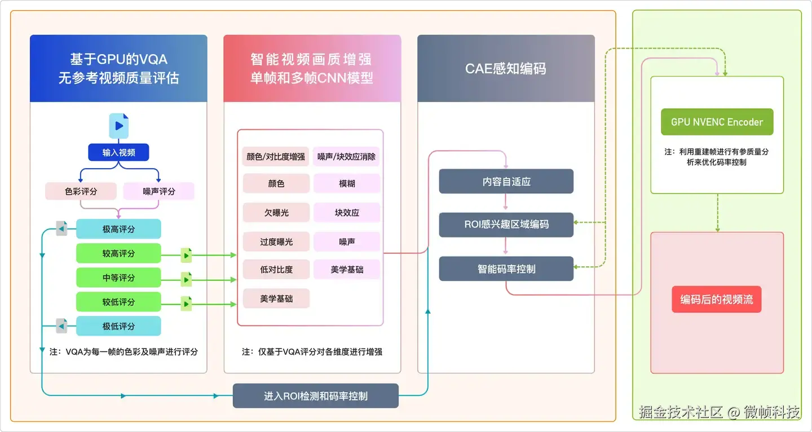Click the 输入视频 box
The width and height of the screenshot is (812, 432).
(x=118, y=152)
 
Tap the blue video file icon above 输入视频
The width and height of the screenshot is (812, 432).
(x=118, y=126)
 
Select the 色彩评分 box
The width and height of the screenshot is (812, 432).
(x=81, y=191)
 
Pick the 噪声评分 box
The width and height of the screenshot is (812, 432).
(x=158, y=191)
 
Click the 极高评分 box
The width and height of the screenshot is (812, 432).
(x=118, y=229)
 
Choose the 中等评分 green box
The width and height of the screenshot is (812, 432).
(x=118, y=277)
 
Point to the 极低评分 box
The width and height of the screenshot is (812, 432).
(x=118, y=326)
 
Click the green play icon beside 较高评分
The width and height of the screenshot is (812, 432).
(x=186, y=255)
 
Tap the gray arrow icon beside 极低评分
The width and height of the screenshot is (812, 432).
(x=61, y=326)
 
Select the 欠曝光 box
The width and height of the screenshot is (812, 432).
(x=276, y=213)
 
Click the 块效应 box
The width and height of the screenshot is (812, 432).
(x=347, y=213)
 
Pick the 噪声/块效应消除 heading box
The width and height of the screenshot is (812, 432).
(x=346, y=156)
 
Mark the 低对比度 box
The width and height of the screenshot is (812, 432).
(x=276, y=270)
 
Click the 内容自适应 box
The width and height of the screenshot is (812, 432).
(x=506, y=182)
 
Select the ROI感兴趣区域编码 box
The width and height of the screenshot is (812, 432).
(x=506, y=224)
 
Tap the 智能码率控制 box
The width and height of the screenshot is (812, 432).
(x=506, y=269)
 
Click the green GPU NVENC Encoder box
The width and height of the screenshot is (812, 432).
(x=717, y=122)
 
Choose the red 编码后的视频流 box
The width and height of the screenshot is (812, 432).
(x=717, y=299)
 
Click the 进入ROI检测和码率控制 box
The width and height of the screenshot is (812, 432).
(x=315, y=396)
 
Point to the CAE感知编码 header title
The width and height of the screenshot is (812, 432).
(x=506, y=68)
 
